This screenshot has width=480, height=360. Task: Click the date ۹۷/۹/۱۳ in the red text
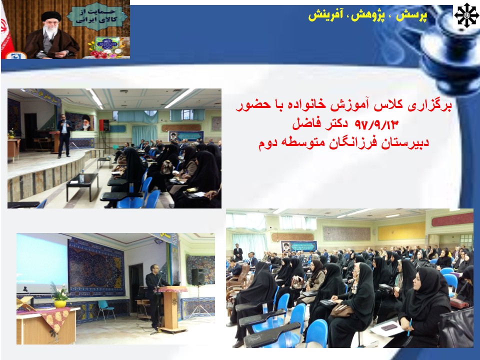click(x=377, y=124)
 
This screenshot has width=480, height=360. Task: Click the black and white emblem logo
click(x=466, y=15)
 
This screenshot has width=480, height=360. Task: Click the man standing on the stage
click(x=64, y=136)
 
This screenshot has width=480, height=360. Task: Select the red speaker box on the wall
click(x=104, y=125)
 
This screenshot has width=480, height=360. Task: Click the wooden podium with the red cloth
click(x=171, y=308)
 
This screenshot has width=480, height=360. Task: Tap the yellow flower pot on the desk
click(x=60, y=303)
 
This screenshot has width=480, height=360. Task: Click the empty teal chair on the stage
click(x=105, y=309)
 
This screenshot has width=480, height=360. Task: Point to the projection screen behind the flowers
click(x=42, y=263)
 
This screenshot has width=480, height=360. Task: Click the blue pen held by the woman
click(x=409, y=327)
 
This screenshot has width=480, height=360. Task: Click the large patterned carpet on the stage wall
click(x=96, y=267)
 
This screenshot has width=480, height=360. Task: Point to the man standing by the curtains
click(x=238, y=253)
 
